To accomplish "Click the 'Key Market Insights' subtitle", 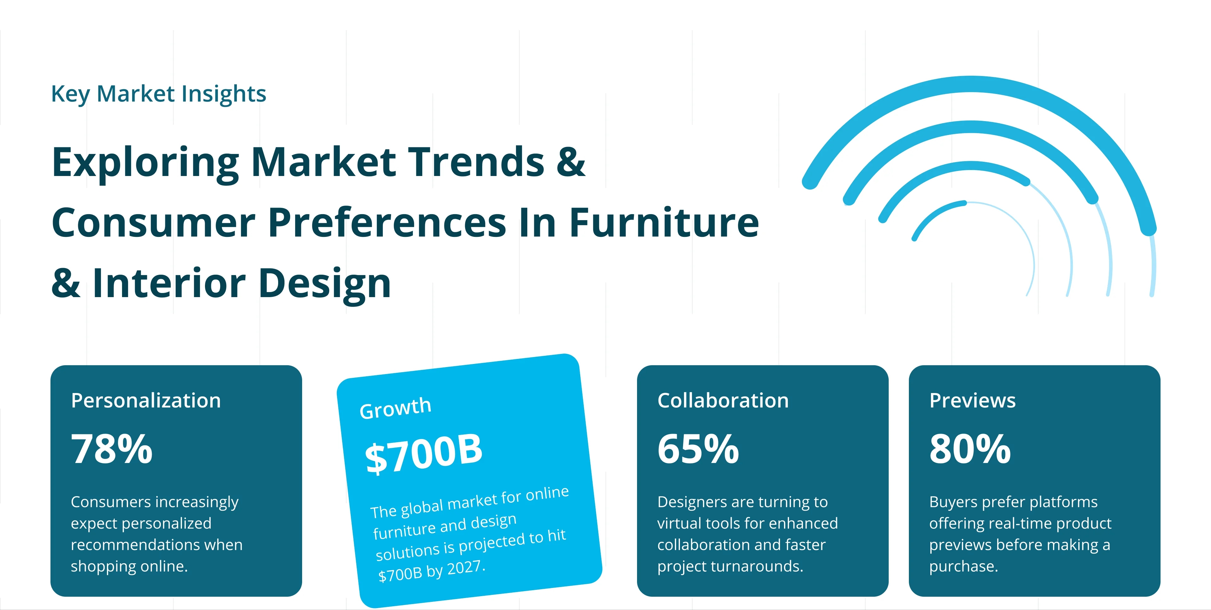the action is (x=158, y=94).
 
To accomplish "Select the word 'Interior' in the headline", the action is (x=169, y=283).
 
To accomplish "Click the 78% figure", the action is (x=112, y=449).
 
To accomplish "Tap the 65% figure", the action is (x=698, y=449).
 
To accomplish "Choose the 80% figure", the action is (x=970, y=449).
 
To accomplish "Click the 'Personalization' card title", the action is (x=146, y=400).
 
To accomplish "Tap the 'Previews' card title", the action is (x=972, y=400).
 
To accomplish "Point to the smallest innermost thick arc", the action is (x=933, y=212).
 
